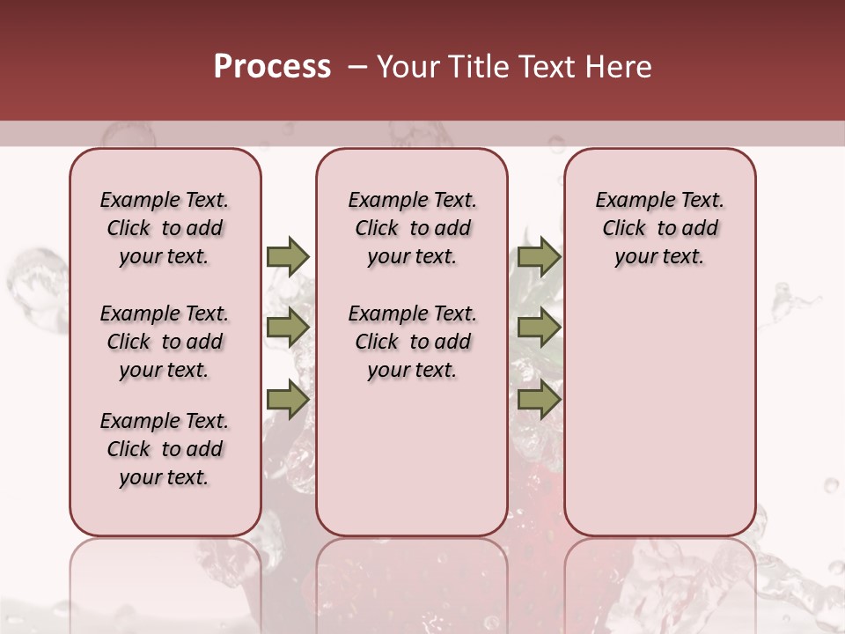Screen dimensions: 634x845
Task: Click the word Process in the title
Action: pyautogui.click(x=272, y=67)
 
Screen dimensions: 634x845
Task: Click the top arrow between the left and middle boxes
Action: pyautogui.click(x=288, y=256)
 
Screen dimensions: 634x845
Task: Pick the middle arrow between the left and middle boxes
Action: pyautogui.click(x=288, y=328)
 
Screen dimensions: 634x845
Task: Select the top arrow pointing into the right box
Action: pyautogui.click(x=539, y=256)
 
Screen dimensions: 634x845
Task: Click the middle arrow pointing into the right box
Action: pyautogui.click(x=539, y=328)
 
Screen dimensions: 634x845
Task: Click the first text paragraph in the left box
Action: pyautogui.click(x=165, y=228)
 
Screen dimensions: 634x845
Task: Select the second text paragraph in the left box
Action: pyautogui.click(x=165, y=342)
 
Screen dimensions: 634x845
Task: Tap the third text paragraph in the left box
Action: pyautogui.click(x=165, y=449)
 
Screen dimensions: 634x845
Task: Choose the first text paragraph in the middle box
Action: pyautogui.click(x=412, y=228)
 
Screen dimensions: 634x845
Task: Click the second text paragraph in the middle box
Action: pyautogui.click(x=412, y=342)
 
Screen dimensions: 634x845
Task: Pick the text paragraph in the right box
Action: pyautogui.click(x=660, y=228)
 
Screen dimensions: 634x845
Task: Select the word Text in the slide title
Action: pyautogui.click(x=547, y=67)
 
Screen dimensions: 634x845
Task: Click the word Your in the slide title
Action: pyautogui.click(x=402, y=67)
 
